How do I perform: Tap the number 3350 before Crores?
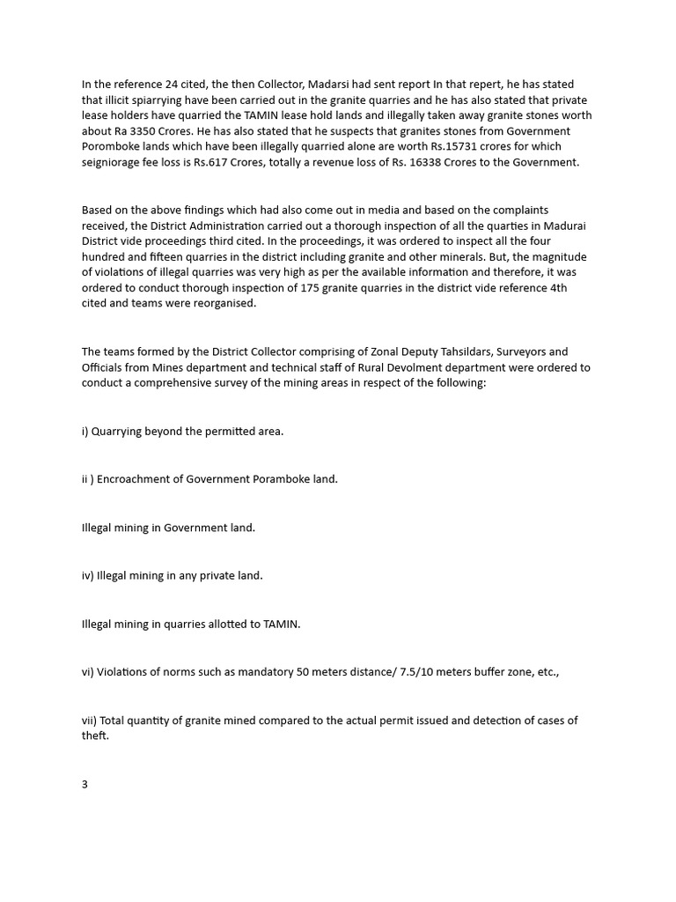coord(145,131)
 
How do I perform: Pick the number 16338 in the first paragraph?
coord(430,162)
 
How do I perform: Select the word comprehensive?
coord(181,383)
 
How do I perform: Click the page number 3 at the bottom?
coord(84,784)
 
